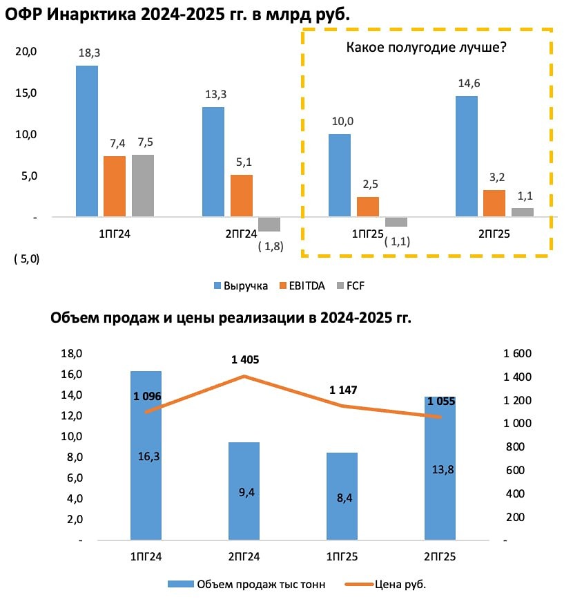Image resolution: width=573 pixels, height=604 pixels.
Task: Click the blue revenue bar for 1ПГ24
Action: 87,141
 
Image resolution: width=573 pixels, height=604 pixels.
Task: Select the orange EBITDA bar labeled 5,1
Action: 242,196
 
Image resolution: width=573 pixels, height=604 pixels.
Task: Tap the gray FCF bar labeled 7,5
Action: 143,185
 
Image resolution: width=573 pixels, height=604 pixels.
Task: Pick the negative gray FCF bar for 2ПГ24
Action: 269,224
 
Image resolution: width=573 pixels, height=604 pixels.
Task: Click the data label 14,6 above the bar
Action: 466,83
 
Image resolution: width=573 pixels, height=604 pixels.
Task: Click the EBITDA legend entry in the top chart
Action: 307,285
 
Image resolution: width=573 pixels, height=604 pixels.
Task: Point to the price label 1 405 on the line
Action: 245,359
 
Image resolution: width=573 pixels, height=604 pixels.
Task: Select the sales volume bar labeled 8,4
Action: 342,496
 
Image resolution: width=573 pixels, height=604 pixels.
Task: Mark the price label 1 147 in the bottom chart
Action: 343,390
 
